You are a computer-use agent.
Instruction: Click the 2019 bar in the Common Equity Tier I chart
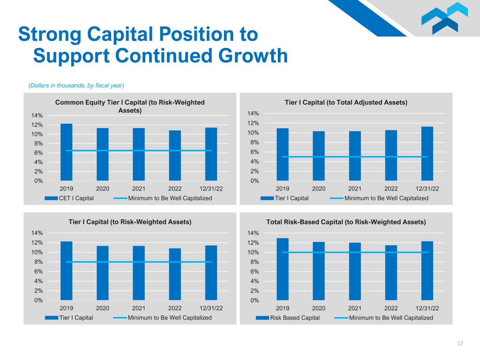(x=66, y=152)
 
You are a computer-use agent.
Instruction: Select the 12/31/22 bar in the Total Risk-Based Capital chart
(x=427, y=271)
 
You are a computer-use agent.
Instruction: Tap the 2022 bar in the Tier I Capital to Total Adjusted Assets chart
(x=391, y=155)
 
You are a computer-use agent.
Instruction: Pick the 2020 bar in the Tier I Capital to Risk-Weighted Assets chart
(x=103, y=273)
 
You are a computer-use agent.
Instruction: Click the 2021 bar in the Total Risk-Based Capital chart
(x=355, y=271)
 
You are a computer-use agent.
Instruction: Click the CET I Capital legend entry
(x=69, y=198)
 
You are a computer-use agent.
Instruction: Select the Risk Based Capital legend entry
(x=288, y=318)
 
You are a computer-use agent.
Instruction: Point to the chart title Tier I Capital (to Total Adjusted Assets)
(x=346, y=102)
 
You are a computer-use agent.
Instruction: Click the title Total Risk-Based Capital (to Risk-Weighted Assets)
(x=346, y=222)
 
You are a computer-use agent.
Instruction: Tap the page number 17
(x=460, y=343)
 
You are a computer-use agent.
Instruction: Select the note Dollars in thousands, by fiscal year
(x=76, y=85)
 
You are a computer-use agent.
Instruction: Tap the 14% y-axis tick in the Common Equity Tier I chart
(x=37, y=116)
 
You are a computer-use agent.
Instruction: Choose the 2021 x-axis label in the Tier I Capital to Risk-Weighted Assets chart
(x=139, y=308)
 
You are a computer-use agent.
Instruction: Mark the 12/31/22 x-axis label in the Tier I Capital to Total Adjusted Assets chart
(x=427, y=189)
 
